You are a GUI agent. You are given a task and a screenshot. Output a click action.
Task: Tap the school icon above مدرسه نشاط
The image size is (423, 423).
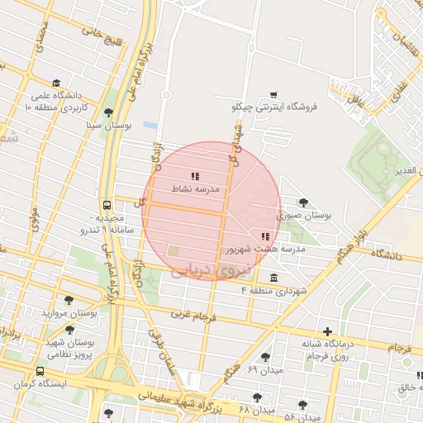click(195, 176)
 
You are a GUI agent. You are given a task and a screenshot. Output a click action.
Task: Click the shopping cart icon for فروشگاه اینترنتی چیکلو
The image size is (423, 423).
click(273, 94)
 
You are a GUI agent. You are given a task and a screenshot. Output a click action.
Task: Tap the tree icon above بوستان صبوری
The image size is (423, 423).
click(303, 202)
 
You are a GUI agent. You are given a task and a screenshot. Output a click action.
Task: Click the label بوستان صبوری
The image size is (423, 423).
click(304, 215)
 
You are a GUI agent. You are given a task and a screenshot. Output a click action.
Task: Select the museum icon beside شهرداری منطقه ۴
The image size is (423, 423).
click(273, 277)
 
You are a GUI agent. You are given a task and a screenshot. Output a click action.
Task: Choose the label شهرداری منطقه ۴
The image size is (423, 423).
click(273, 291)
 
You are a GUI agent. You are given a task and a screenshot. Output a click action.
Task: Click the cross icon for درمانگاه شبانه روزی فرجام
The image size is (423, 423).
click(328, 331)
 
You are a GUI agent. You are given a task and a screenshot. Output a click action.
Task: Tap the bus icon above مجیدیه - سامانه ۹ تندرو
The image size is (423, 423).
click(107, 205)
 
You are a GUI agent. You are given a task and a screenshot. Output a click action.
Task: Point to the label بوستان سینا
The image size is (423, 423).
click(110, 126)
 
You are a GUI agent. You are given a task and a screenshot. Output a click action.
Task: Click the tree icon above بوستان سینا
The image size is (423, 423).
click(108, 113)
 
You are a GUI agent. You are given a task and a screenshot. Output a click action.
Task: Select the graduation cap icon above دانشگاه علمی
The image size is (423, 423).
click(55, 83)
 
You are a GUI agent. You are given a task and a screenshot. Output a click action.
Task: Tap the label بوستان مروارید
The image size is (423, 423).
click(70, 314)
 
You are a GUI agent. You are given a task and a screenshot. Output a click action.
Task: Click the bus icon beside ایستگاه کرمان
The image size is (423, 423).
click(40, 372)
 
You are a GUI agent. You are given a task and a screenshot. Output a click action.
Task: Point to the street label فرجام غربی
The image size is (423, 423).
click(192, 316)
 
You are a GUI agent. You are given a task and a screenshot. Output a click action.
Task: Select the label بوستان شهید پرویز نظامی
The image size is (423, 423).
click(70, 348)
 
